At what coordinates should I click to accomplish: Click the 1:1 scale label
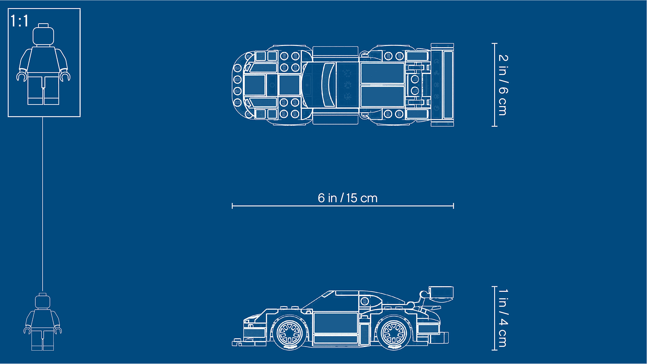[19, 21]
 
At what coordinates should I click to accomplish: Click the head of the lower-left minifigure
[43, 301]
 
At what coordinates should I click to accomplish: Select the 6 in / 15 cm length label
[347, 198]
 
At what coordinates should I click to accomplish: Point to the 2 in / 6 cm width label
[503, 85]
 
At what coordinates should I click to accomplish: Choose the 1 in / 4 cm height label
[503, 318]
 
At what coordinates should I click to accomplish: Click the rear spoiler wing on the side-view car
[441, 293]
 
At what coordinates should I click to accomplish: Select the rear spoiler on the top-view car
[442, 85]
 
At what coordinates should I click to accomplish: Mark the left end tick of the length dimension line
[232, 206]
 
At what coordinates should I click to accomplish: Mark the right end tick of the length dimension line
[453, 206]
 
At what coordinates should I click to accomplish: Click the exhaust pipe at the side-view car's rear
[439, 338]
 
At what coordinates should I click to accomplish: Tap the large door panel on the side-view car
[336, 323]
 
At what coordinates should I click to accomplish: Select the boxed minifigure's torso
[43, 59]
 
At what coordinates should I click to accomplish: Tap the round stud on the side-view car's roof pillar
[364, 301]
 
